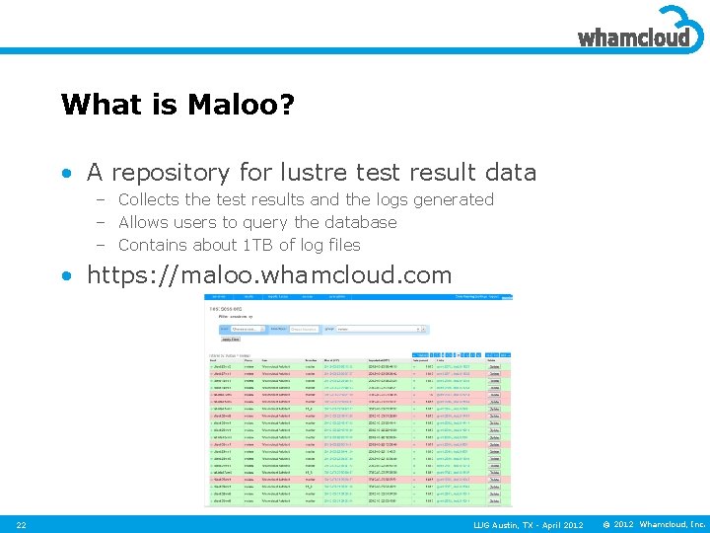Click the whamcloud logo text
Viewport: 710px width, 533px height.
[x=631, y=38]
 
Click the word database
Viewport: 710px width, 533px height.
[x=360, y=222]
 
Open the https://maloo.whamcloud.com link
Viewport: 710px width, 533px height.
[x=269, y=275]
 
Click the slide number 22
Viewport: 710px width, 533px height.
[x=22, y=524]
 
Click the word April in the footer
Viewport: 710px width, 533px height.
[x=558, y=524]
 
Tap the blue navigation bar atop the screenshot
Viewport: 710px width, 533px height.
[x=359, y=295]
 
